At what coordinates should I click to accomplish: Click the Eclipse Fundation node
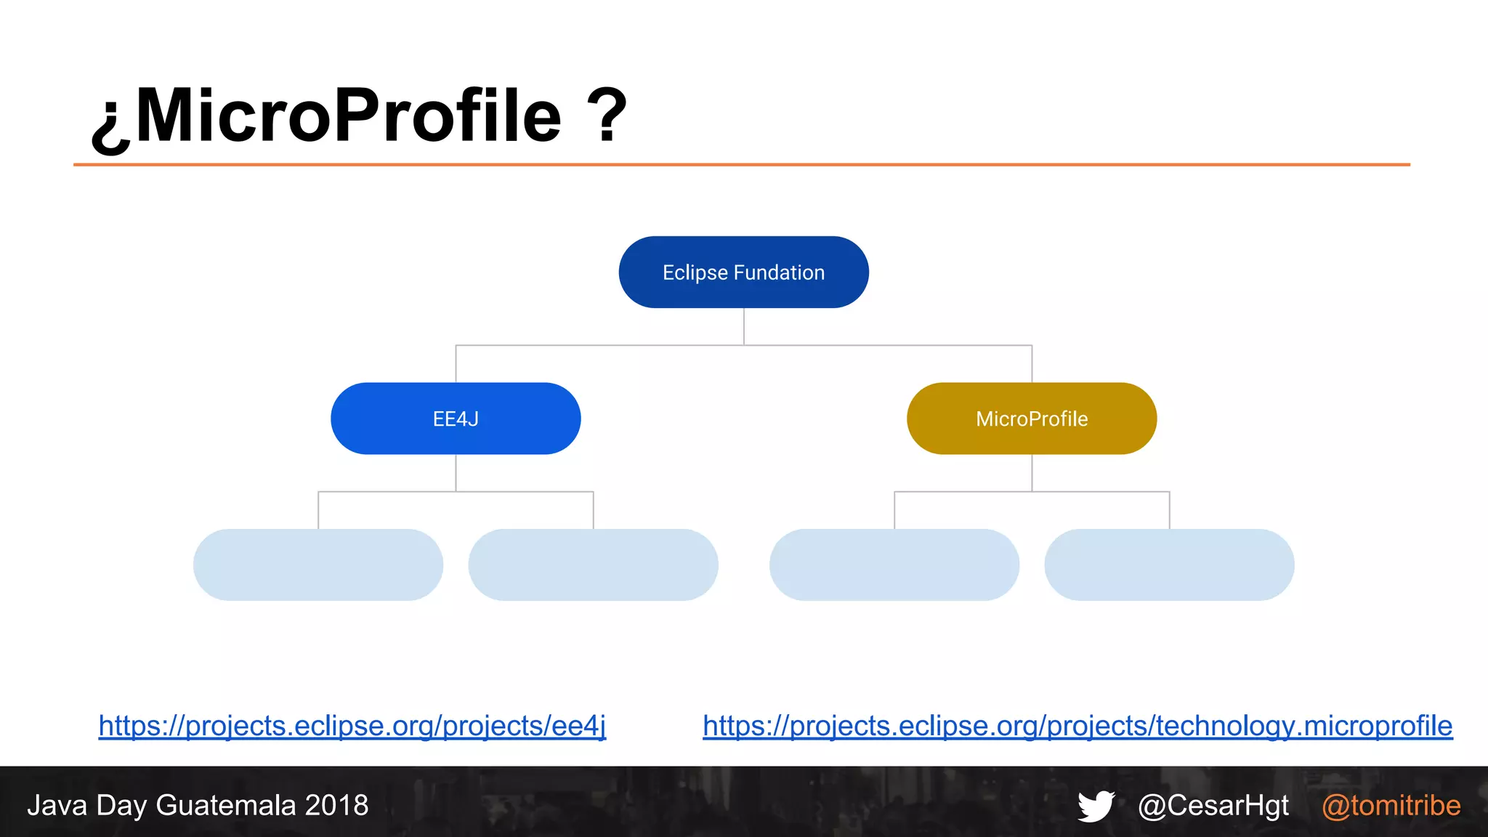743,272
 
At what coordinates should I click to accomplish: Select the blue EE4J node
456,418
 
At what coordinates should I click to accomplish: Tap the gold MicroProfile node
1032,418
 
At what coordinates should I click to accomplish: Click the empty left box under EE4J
318,565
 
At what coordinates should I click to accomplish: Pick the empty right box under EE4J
593,565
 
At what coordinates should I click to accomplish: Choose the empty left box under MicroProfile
894,565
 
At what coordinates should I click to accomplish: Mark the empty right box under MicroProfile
1169,565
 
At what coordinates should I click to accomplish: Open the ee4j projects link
352,726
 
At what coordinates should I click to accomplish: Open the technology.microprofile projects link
1077,726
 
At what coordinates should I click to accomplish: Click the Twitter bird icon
1096,806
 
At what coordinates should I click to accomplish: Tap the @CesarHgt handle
1213,806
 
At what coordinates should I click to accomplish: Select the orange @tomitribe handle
1391,806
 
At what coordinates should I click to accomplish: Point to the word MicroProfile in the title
349,115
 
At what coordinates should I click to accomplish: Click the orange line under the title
741,165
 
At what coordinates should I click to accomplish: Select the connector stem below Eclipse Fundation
743,326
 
